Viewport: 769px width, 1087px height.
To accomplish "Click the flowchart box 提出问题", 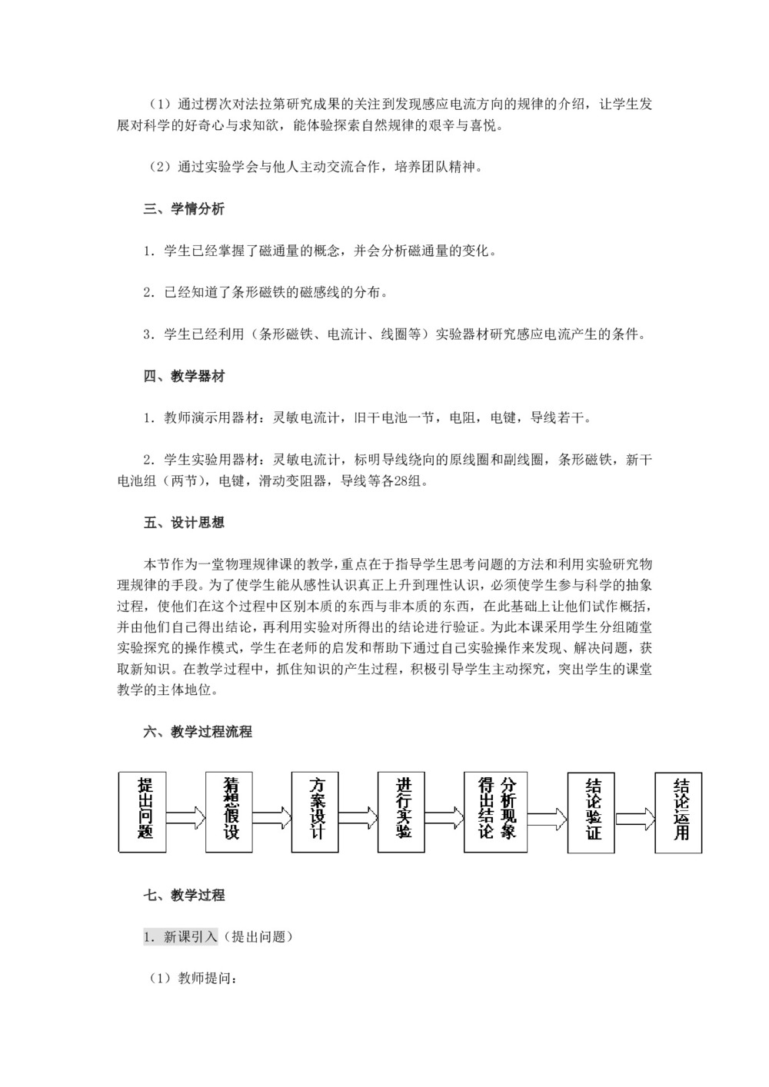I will tap(143, 811).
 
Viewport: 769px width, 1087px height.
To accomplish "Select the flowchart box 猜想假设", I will tap(229, 811).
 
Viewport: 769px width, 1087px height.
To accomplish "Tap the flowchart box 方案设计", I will tap(315, 811).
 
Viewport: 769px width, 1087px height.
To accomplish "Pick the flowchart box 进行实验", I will tap(401, 811).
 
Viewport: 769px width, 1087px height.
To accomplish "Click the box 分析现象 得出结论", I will tap(495, 811).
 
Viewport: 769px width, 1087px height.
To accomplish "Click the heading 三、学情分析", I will tap(184, 209).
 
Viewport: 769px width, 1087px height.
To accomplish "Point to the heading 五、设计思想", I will tap(184, 523).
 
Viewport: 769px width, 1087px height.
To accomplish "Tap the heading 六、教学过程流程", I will tap(198, 732).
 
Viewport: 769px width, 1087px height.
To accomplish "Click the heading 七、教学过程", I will tap(184, 895).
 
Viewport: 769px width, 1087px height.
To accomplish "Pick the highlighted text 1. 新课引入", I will tap(181, 936).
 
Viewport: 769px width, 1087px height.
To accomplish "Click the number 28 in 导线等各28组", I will tap(398, 481).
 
